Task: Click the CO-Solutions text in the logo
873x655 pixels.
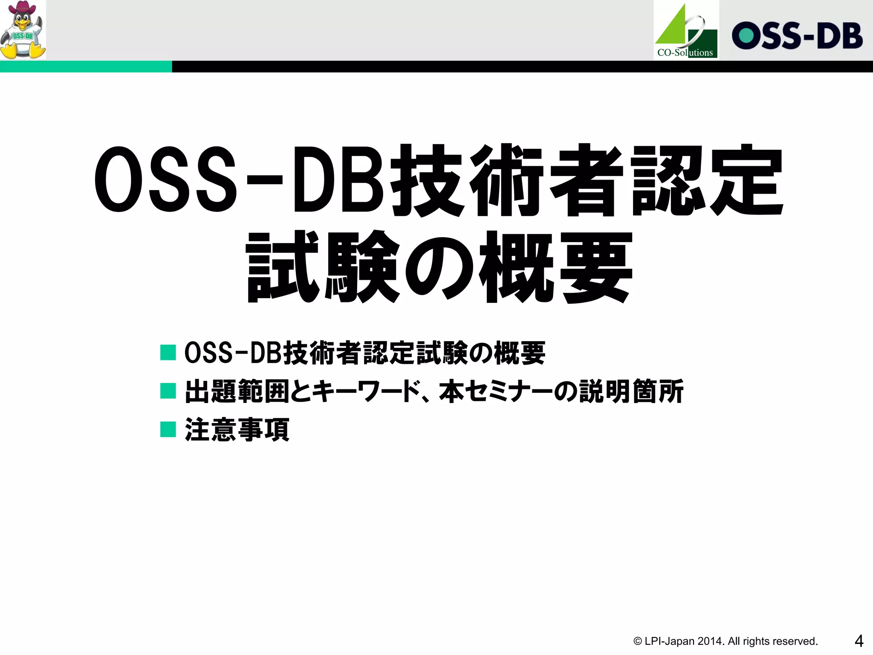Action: [685, 53]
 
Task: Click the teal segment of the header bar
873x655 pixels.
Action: [85, 67]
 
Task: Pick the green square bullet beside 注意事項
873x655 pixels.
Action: [168, 429]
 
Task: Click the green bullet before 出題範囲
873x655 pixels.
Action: [168, 391]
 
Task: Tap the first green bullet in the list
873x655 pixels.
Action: [168, 353]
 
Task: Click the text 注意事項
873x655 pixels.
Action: [237, 430]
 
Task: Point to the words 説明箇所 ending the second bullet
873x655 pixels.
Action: [631, 391]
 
